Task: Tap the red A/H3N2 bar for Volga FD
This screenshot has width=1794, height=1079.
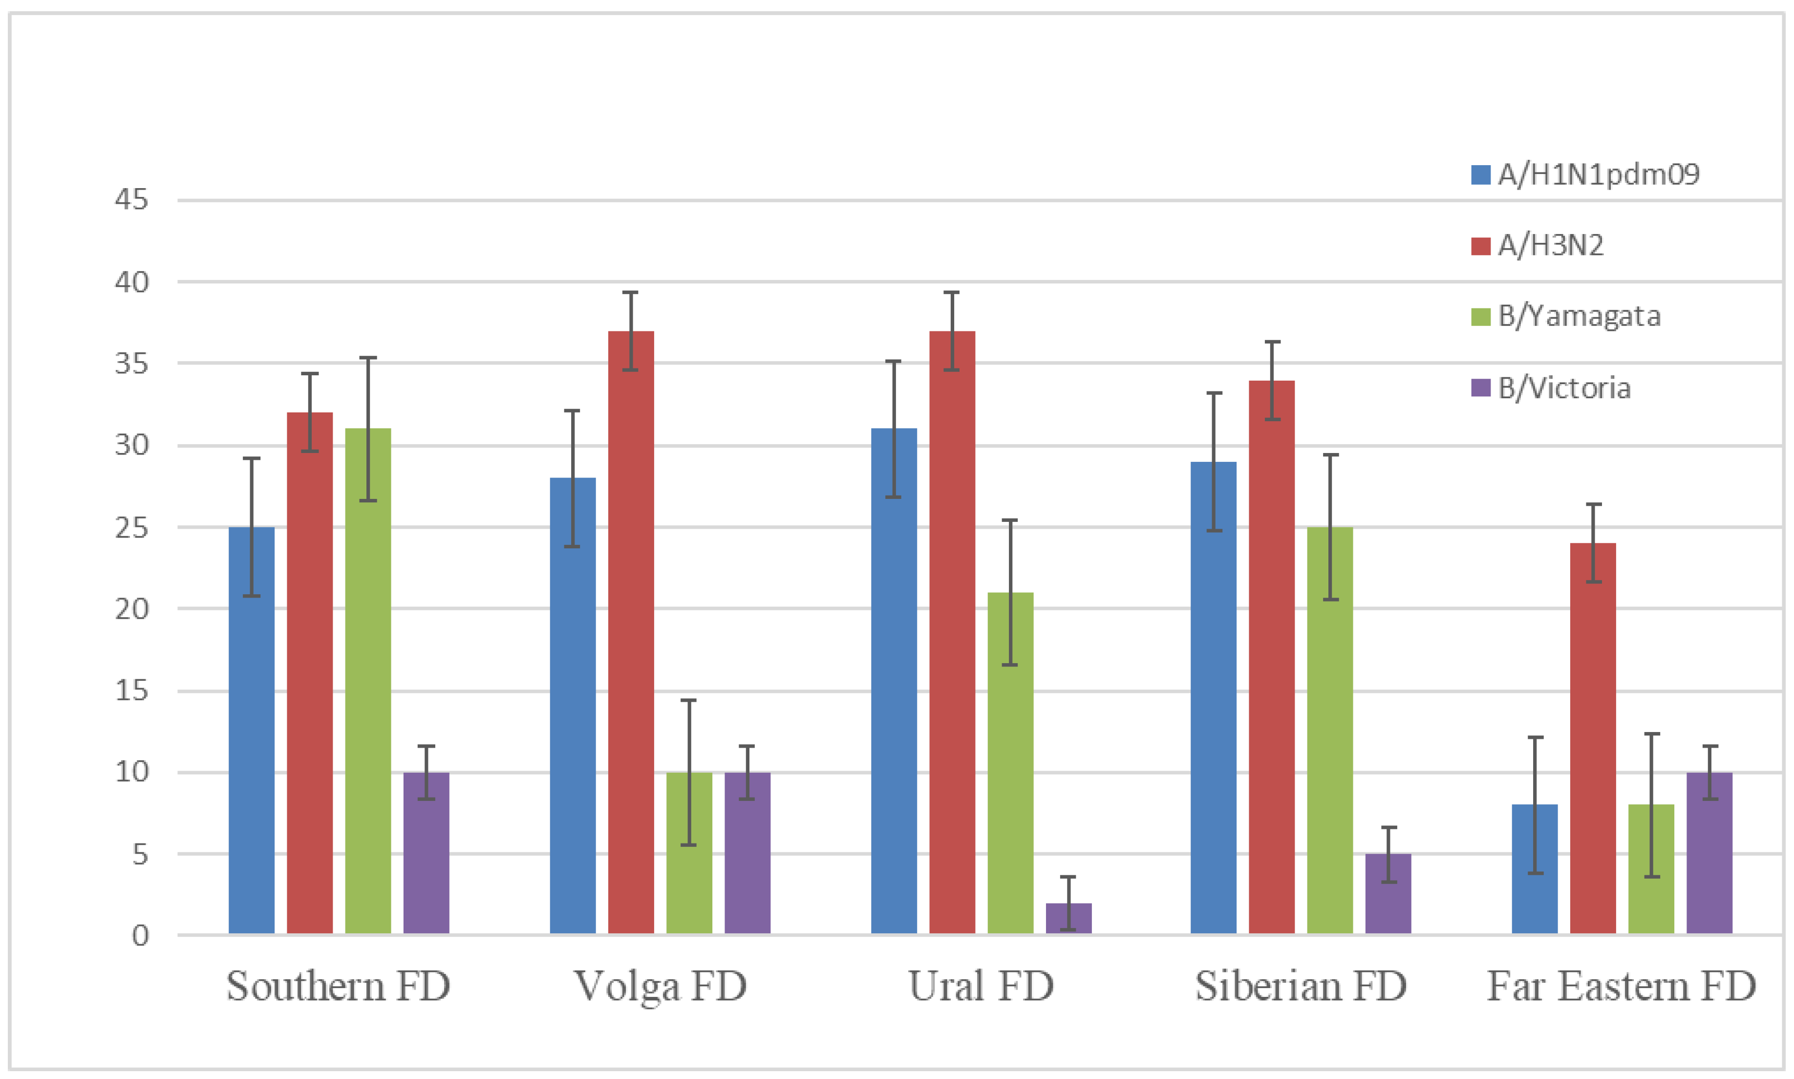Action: click(631, 632)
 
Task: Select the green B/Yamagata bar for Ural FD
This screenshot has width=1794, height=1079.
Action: click(1010, 763)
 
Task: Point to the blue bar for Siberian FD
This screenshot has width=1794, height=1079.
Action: click(1213, 697)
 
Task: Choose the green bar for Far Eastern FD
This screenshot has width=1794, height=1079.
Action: click(1651, 868)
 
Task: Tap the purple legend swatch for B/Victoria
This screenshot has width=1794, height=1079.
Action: click(1480, 388)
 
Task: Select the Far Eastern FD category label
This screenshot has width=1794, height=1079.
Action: click(1621, 987)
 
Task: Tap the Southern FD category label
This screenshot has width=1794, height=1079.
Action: click(338, 987)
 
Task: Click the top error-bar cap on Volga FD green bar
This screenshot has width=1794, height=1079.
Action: click(689, 700)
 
